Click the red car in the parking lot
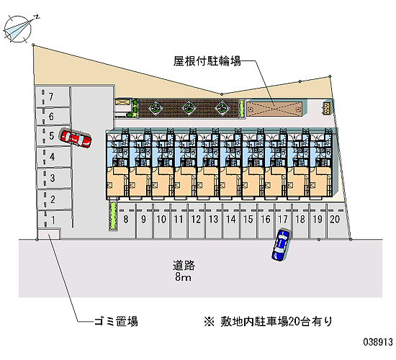[76, 139]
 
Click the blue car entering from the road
[281, 245]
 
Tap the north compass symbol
[18, 28]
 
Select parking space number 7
[53, 97]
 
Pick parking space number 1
[54, 220]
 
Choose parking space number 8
[126, 220]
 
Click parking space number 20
[336, 220]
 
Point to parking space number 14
[231, 220]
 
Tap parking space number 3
[53, 178]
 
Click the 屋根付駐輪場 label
[207, 61]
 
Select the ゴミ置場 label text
[116, 322]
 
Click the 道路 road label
[184, 266]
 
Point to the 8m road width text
[183, 277]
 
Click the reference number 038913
[378, 342]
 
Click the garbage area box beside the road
[48, 234]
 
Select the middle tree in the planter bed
[188, 108]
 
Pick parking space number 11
[179, 220]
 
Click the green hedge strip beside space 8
[113, 216]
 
